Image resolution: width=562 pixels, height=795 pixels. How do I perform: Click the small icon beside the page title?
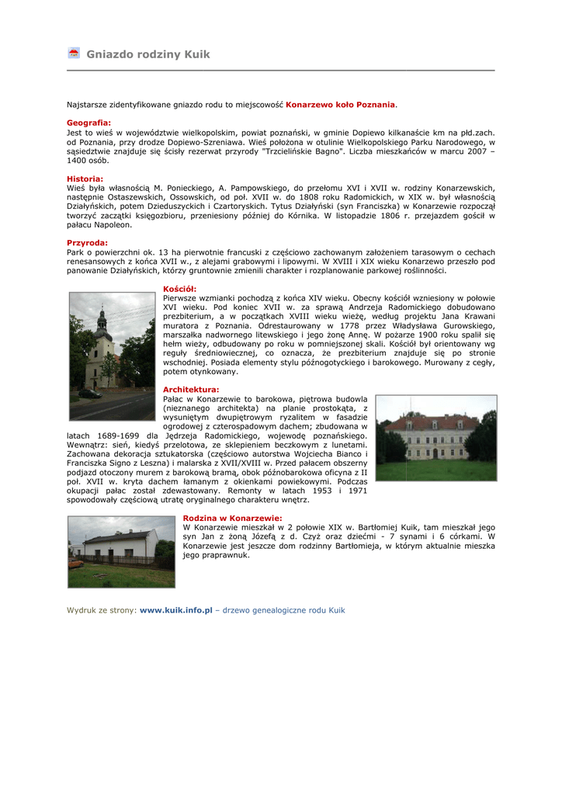pos(74,54)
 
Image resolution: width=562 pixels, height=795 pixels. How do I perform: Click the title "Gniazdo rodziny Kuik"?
pos(147,54)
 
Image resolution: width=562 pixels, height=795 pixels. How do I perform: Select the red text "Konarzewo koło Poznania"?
pos(341,104)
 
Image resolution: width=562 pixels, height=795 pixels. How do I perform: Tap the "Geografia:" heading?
pos(88,123)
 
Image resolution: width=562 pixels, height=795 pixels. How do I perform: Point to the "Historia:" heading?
pos(85,179)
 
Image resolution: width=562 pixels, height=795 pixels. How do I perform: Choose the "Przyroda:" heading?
pos(87,243)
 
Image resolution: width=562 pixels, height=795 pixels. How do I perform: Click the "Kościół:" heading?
pos(179,289)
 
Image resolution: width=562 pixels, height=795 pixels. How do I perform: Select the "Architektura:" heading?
pos(191,389)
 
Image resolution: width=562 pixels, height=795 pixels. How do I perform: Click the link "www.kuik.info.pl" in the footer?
pos(175,610)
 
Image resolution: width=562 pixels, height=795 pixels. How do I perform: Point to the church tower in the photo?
pos(101,326)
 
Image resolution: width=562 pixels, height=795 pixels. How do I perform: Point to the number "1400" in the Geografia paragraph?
pos(76,161)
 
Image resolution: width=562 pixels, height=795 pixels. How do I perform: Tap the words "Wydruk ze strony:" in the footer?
pos(101,610)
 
